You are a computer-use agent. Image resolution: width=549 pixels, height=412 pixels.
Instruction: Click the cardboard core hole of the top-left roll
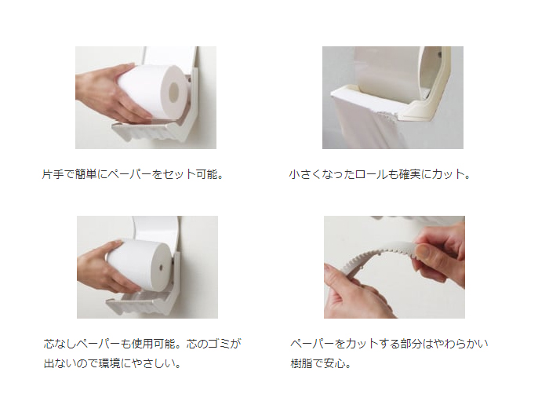tap(173, 93)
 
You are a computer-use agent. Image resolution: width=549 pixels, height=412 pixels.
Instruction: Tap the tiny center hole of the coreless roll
tap(161, 267)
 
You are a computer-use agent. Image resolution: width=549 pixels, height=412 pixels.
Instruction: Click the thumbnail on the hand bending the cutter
tap(424, 251)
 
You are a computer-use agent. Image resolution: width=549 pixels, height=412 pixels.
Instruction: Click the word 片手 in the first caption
tap(53, 174)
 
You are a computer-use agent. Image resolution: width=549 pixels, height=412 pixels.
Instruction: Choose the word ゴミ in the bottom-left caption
tap(219, 344)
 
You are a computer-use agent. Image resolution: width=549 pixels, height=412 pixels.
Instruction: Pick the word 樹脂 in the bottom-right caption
tap(301, 363)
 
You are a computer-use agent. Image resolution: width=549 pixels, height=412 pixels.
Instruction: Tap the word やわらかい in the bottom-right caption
tap(461, 344)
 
